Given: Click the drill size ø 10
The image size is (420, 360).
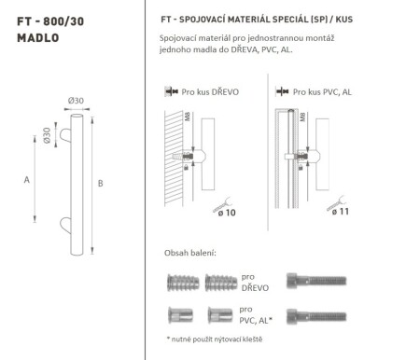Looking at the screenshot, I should (228, 214).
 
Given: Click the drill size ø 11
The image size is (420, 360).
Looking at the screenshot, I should (343, 214).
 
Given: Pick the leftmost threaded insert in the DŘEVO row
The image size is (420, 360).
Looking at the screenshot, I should (179, 283).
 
